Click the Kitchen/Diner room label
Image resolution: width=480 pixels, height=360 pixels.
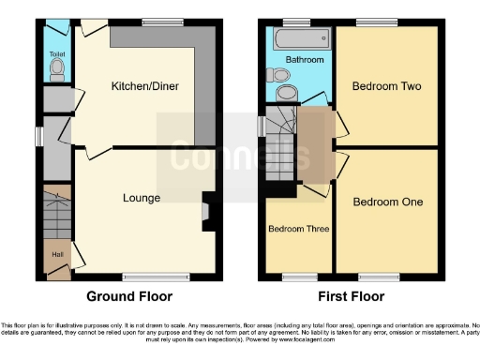(x=145, y=86)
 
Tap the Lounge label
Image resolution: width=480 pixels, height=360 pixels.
(x=141, y=198)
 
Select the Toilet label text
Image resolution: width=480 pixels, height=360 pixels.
(x=55, y=52)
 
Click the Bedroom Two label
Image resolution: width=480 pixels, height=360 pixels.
(x=386, y=86)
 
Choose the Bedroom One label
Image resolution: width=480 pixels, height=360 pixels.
(x=387, y=202)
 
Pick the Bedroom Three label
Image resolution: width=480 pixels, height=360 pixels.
(x=297, y=228)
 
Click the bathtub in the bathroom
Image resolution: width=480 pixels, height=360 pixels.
(x=299, y=39)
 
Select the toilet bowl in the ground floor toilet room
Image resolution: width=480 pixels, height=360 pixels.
(x=56, y=70)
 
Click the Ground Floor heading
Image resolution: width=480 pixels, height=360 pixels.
(x=129, y=296)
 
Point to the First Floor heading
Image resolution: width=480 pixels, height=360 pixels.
(x=352, y=296)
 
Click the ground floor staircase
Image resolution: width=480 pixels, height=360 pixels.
(x=56, y=217)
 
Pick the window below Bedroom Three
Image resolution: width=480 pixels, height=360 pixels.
(x=298, y=277)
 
